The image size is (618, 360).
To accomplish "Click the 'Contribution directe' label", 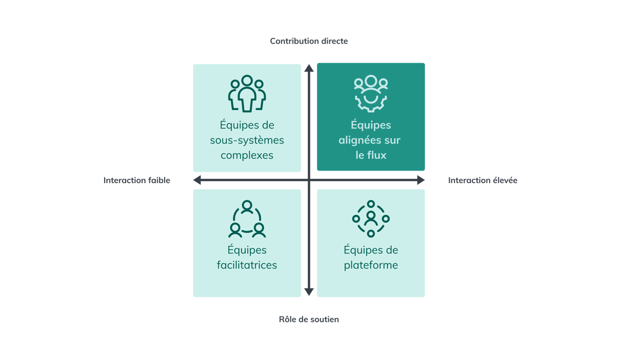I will pos(309,41).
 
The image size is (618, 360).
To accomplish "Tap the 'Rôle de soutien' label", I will pos(309,319).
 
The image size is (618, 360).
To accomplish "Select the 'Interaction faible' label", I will pos(137,181).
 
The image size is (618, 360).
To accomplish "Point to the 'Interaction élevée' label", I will pos(483,181).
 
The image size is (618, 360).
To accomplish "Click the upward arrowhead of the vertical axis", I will pos(309,67).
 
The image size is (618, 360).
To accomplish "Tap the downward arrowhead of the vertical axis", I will pos(309,292).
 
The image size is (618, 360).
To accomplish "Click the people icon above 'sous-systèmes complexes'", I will pos(247,93).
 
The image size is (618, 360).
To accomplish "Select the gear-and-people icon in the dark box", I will pos(371,93).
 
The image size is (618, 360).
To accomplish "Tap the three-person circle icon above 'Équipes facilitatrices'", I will pos(247,219).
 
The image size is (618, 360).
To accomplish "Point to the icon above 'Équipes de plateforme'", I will pos(371,218).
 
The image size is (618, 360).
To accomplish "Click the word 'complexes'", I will pos(247,155).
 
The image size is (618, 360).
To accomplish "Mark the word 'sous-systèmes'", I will pos(247,141).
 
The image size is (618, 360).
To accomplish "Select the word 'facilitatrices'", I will pos(247,265).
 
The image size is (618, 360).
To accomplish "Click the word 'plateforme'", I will pos(371,265).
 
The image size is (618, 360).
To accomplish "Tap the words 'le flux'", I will pos(371,155).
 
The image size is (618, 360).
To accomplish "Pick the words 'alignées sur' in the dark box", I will pos(371,141).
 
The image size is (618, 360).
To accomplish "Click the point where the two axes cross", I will pos(309,181).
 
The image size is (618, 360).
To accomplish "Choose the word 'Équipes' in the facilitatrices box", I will pos(247,250).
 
